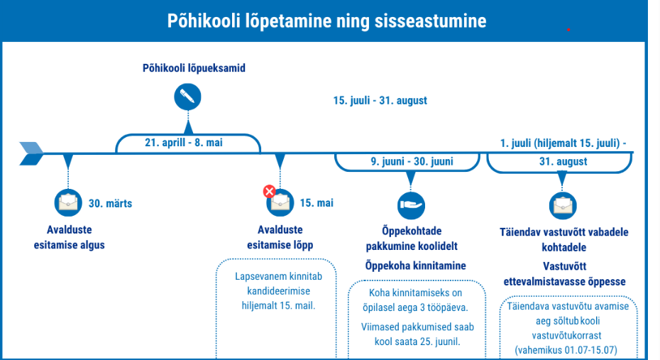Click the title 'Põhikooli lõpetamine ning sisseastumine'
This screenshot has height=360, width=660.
click(x=326, y=21)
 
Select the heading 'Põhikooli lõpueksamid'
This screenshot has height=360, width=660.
click(x=193, y=68)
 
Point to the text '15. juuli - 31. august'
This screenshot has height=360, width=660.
click(x=380, y=100)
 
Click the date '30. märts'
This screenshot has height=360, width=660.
click(x=110, y=203)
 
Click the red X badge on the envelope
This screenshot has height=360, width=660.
click(x=270, y=191)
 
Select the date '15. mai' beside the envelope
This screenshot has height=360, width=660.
click(x=317, y=203)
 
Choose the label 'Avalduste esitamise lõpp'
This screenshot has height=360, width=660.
click(x=280, y=237)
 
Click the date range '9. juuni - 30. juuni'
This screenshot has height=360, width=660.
click(x=412, y=161)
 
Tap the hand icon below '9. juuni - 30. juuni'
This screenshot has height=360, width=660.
click(x=411, y=205)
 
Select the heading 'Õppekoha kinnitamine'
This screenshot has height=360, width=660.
click(x=415, y=266)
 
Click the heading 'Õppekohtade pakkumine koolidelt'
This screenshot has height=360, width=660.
click(x=412, y=239)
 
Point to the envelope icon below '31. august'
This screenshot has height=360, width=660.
click(x=563, y=205)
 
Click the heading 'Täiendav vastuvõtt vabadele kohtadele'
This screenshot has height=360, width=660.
click(x=565, y=239)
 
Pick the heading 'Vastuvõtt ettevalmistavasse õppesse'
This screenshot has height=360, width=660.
click(x=564, y=273)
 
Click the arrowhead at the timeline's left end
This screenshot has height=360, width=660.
click(x=31, y=152)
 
